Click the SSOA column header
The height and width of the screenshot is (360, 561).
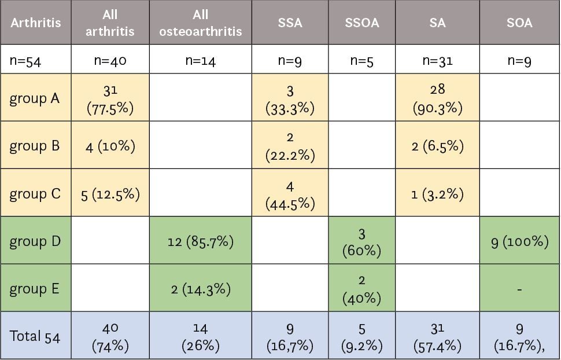362,23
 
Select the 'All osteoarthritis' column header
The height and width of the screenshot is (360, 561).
200,23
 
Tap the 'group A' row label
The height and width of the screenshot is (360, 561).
35,98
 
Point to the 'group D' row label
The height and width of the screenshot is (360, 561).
35,241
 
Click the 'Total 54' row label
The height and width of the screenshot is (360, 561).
35,336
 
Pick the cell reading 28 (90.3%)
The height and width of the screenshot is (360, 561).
438,98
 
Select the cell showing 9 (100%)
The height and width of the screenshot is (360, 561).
519,241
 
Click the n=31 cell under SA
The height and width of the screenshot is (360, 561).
438,60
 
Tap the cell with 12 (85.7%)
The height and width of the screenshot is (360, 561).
200,241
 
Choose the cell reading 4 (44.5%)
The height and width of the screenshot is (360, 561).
290,193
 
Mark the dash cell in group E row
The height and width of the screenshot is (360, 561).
519,289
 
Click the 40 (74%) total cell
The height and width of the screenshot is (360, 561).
110,336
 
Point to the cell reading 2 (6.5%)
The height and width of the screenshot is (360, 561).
438,146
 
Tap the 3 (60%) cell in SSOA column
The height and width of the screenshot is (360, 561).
362,241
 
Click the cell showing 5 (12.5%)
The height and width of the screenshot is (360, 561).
110,194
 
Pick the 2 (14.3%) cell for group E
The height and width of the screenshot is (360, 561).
200,289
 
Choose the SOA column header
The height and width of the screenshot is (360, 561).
519,23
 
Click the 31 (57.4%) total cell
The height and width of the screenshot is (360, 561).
438,336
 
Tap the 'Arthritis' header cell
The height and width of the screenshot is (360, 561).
35,23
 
